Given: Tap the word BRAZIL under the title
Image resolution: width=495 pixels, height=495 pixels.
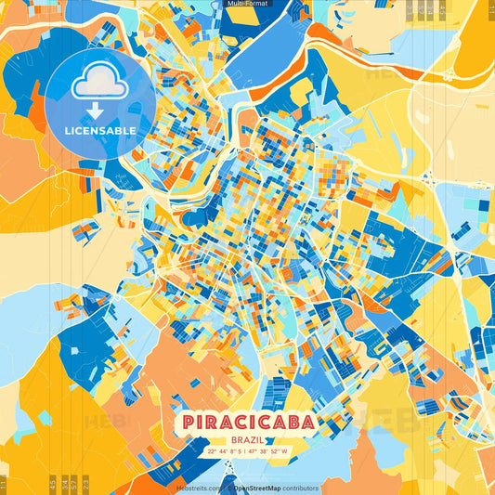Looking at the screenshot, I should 247,441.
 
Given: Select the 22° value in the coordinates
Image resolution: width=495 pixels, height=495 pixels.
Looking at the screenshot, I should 213,452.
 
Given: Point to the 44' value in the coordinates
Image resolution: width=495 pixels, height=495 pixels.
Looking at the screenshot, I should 225,452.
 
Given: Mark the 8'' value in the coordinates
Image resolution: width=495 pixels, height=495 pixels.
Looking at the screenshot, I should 235,452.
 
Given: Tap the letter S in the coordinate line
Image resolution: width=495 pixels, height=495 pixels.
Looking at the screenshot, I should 242,452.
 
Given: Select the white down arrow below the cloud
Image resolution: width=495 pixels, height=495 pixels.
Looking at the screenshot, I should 99,110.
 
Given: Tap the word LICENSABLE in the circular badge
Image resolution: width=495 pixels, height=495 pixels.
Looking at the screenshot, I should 99,131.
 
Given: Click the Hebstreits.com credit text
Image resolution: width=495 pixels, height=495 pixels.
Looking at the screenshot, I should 199,488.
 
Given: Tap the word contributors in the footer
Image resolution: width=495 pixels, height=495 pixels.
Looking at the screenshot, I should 300,488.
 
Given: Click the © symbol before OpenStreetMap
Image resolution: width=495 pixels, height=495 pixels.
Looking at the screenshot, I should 228,488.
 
